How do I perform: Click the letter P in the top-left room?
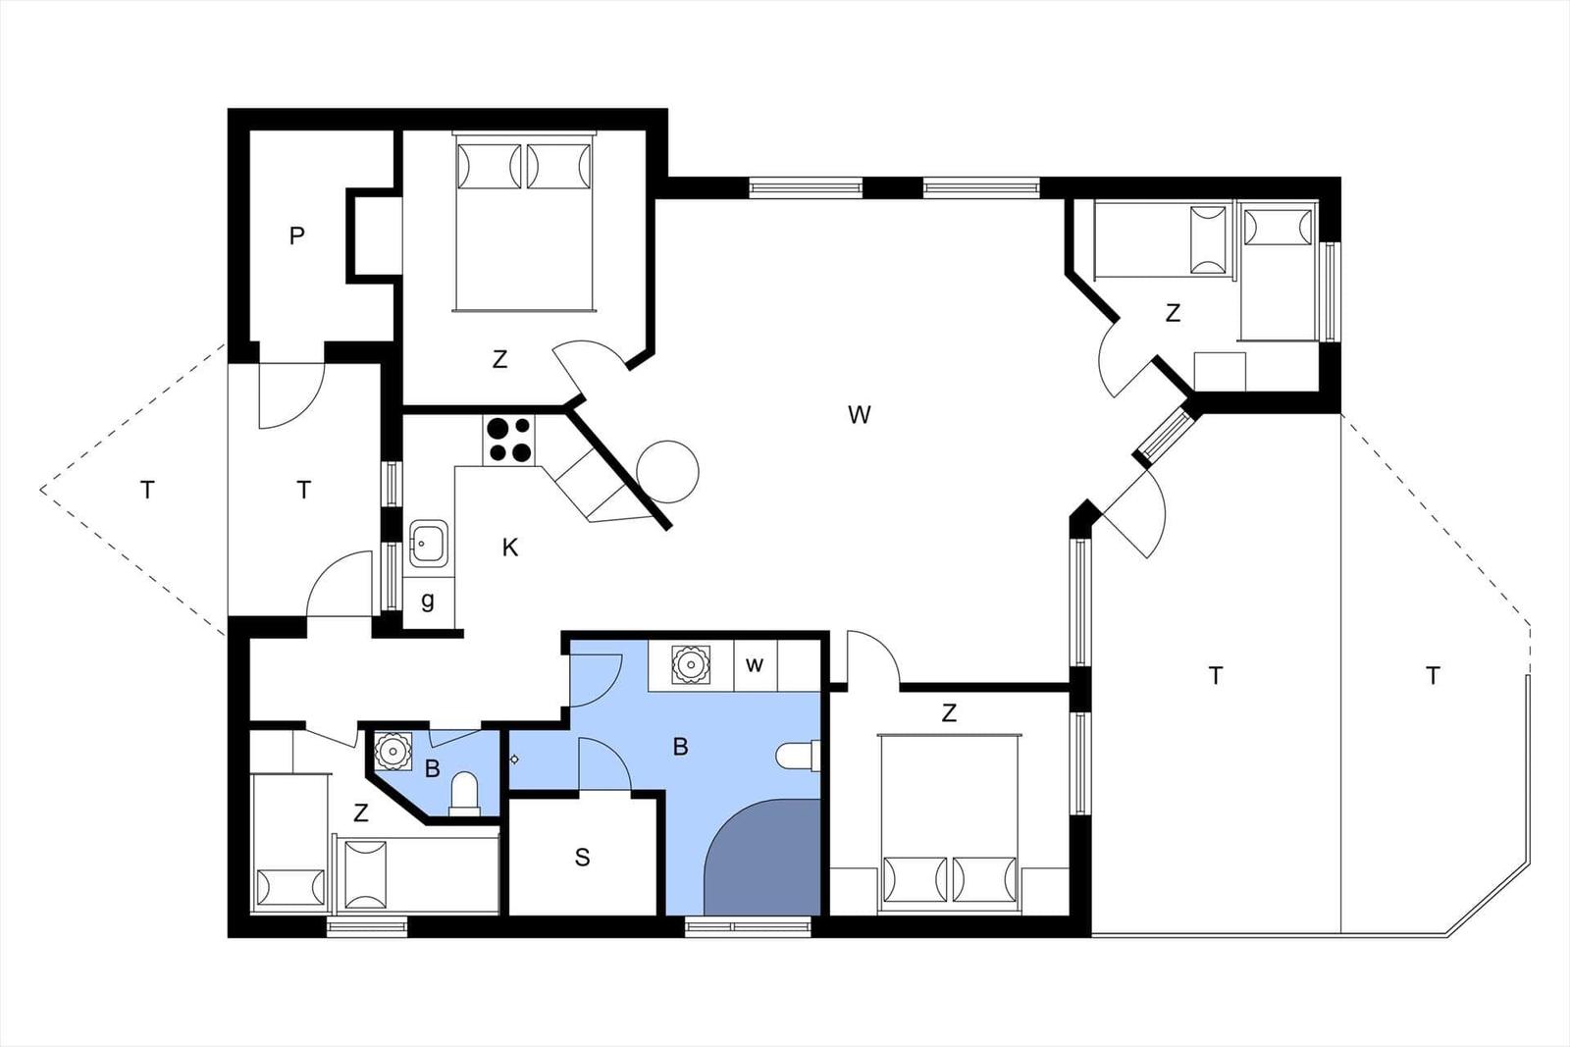296,236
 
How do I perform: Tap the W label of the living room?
859,415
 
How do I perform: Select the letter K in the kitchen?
510,548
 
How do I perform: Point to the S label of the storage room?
583,857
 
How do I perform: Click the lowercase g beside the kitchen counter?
428,601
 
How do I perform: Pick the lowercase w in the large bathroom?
755,664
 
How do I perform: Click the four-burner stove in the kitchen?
509,440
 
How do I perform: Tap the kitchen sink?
428,543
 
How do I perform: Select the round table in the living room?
668,472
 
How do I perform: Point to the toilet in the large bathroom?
799,757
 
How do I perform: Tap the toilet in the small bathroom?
463,793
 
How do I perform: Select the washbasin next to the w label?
691,664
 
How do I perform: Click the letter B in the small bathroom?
433,768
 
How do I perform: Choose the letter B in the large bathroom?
680,747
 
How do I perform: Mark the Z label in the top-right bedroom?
1173,313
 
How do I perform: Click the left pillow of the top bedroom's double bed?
490,166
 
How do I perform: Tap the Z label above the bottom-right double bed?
949,712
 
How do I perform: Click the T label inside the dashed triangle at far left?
147,490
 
